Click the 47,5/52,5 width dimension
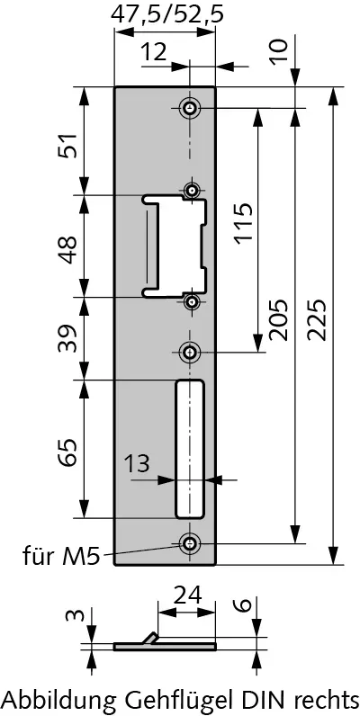coord(167,14)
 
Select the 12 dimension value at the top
coord(153,52)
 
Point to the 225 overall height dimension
coord(316,319)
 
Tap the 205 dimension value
coord(278,319)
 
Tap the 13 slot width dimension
coord(137,463)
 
